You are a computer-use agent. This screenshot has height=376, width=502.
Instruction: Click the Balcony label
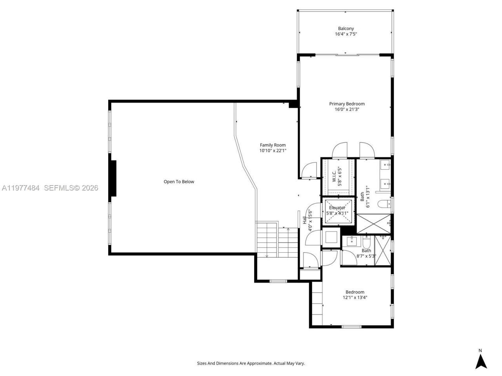click(346, 29)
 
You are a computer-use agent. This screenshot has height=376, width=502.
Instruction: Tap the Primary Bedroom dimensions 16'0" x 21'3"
click(347, 110)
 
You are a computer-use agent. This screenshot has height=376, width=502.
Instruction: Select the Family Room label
click(273, 145)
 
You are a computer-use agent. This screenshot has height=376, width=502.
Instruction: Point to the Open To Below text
click(179, 182)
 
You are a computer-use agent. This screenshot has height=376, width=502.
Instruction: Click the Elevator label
click(337, 208)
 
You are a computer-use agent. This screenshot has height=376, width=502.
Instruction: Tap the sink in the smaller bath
click(352, 240)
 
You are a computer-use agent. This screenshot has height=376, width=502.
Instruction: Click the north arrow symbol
click(481, 361)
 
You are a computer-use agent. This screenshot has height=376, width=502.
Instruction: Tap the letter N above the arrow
click(480, 351)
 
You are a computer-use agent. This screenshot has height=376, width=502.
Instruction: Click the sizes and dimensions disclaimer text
click(251, 363)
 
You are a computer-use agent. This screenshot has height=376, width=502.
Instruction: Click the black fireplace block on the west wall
click(113, 178)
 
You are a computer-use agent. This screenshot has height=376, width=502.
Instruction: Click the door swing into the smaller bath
click(347, 257)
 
